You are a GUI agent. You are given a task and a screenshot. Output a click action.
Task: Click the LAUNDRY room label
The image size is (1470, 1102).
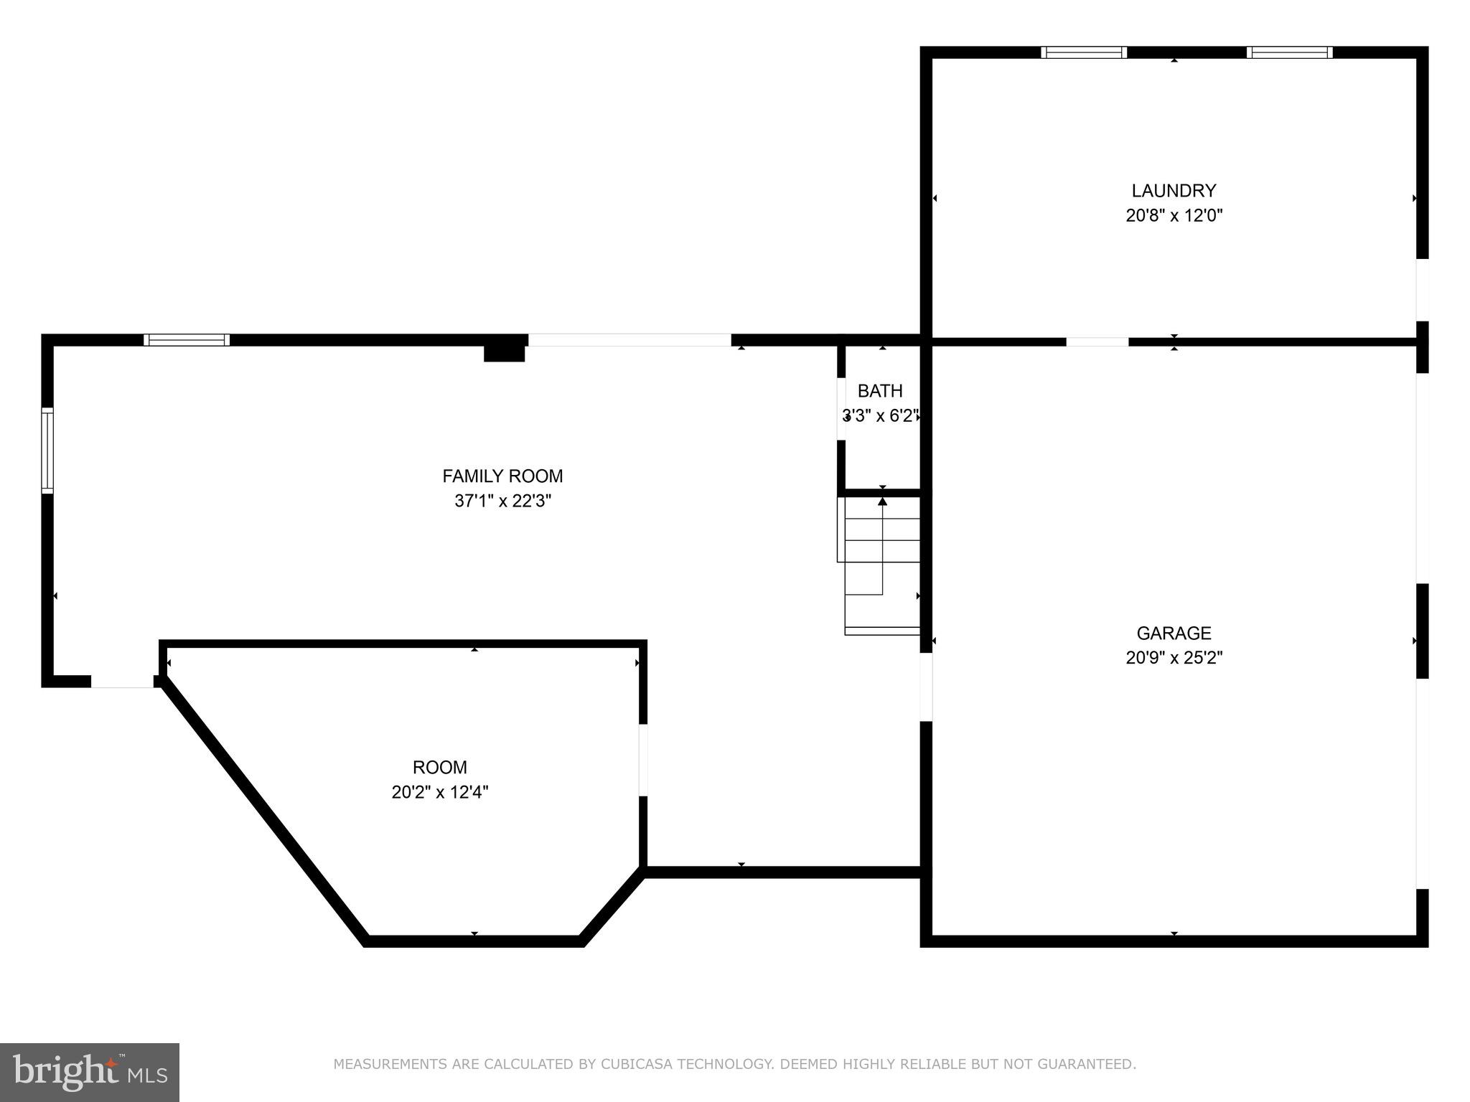pos(1174,191)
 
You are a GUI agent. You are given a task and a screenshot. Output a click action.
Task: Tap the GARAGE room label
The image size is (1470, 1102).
pos(1174,634)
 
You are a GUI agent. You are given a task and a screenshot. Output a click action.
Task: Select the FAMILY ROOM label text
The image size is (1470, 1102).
pos(502,476)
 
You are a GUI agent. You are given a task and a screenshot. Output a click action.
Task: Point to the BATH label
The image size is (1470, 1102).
pos(880,391)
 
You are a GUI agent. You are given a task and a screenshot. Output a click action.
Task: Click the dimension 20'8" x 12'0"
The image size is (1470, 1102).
pos(1174,215)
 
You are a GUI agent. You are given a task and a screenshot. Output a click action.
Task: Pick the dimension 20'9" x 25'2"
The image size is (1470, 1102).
pos(1174,658)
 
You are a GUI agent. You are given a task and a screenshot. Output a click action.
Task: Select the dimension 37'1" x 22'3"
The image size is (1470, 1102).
pos(502,501)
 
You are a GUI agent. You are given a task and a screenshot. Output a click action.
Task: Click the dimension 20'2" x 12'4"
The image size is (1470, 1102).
pos(440,792)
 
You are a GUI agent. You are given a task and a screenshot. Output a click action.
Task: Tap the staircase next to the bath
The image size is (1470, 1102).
pos(881,567)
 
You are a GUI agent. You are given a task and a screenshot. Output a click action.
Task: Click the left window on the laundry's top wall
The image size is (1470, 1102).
pos(1084,52)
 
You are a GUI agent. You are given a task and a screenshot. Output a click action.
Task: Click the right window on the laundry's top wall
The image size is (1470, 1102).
pos(1290,52)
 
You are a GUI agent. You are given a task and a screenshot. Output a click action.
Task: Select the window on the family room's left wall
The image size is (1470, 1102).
pos(47,451)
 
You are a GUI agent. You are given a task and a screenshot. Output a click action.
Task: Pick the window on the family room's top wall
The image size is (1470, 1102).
pos(187,340)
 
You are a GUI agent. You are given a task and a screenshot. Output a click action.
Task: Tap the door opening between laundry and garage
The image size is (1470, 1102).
pos(1097,342)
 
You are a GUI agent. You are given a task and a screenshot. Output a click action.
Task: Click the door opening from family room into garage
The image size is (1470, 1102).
pos(926,687)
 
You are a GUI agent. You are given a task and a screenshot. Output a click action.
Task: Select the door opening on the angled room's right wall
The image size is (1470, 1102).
pos(643,760)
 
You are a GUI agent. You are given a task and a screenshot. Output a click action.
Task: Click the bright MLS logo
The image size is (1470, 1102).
pos(90,1073)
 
